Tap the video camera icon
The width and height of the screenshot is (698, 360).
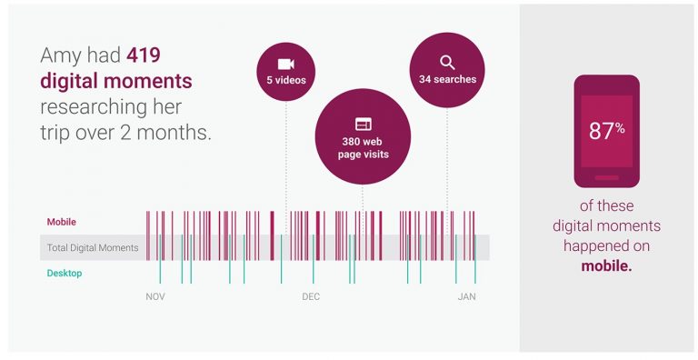pos(285,64)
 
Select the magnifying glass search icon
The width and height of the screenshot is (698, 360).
pos(447,62)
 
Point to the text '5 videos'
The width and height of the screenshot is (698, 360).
pos(285,80)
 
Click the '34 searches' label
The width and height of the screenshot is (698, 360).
pos(447,79)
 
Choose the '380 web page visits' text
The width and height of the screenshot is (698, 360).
pos(363,147)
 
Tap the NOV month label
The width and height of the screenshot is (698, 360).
pos(155,297)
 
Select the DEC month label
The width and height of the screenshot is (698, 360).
pos(311,297)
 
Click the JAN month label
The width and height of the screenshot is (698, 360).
pos(466,297)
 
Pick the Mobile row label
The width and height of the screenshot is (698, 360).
pos(62,222)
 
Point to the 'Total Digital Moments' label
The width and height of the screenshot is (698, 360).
pos(93,247)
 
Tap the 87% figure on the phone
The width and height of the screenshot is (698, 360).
pos(606,130)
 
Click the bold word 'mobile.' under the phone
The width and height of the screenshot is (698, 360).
pos(606,265)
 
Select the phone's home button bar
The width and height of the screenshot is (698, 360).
pos(606,177)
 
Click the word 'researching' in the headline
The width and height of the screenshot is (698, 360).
pos(90,106)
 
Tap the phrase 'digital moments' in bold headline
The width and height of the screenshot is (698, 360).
pos(116,81)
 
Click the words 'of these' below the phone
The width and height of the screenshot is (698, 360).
pos(606,205)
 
